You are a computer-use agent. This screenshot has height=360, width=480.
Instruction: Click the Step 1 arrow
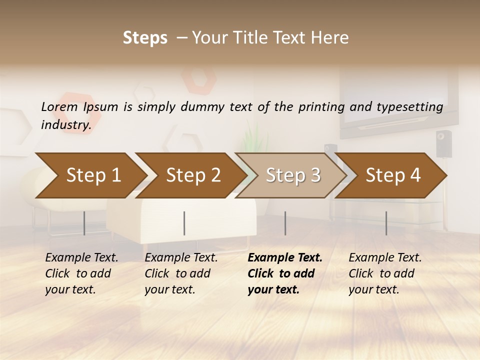(x=90, y=175)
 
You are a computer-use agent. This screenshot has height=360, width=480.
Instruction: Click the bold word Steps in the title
(x=145, y=38)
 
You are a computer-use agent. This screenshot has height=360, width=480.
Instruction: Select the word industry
(x=65, y=125)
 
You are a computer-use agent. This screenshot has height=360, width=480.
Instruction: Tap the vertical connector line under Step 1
(x=84, y=223)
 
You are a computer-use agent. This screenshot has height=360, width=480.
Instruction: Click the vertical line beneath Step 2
(x=184, y=223)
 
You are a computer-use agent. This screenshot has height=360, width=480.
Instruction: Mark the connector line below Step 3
(x=285, y=223)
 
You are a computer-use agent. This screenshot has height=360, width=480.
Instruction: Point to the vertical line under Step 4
(x=386, y=223)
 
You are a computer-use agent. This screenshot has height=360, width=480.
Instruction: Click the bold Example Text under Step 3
(x=285, y=258)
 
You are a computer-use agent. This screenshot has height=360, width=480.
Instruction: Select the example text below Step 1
(x=81, y=273)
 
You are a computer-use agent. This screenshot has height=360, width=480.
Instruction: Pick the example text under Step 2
(x=181, y=273)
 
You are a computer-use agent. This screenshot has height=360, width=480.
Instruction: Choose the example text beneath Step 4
(x=385, y=273)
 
